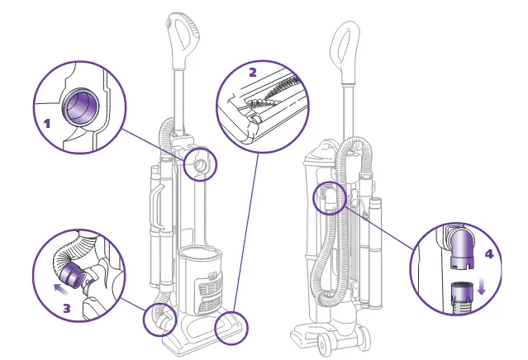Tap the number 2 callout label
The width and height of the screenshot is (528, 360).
coord(253,72)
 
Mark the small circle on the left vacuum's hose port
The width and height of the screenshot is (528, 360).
coord(200,165)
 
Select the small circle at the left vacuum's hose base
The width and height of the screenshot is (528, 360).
coord(161,319)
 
